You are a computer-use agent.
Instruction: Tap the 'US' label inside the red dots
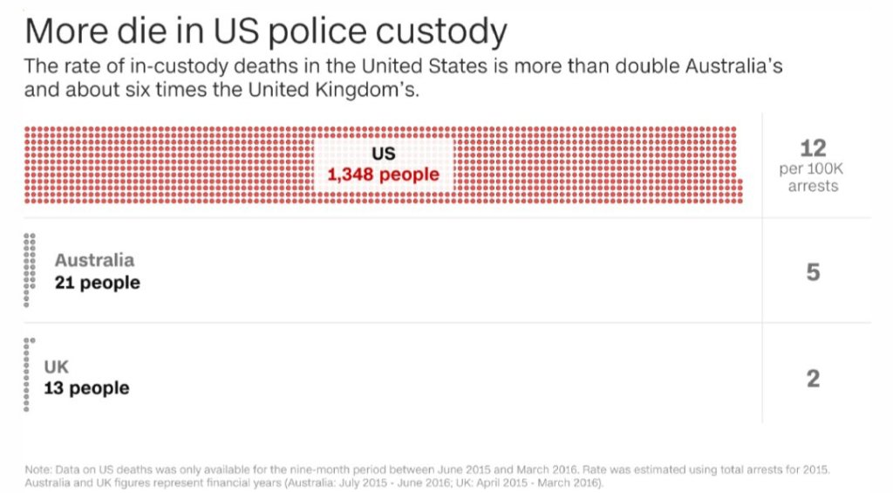point(384,154)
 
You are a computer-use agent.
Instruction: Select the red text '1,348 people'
point(384,175)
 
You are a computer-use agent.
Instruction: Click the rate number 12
point(813,147)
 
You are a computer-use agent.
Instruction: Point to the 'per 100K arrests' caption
point(813,177)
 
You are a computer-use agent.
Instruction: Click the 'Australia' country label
point(94,260)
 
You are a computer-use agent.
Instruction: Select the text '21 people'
point(97,283)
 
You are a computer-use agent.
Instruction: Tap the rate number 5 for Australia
point(813,272)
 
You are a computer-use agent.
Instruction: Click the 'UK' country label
point(57,367)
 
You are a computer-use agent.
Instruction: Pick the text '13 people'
point(86,388)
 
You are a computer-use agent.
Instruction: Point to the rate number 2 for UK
point(813,379)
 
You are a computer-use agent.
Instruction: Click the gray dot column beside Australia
point(30,270)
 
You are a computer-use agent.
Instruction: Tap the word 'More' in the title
point(64,32)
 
